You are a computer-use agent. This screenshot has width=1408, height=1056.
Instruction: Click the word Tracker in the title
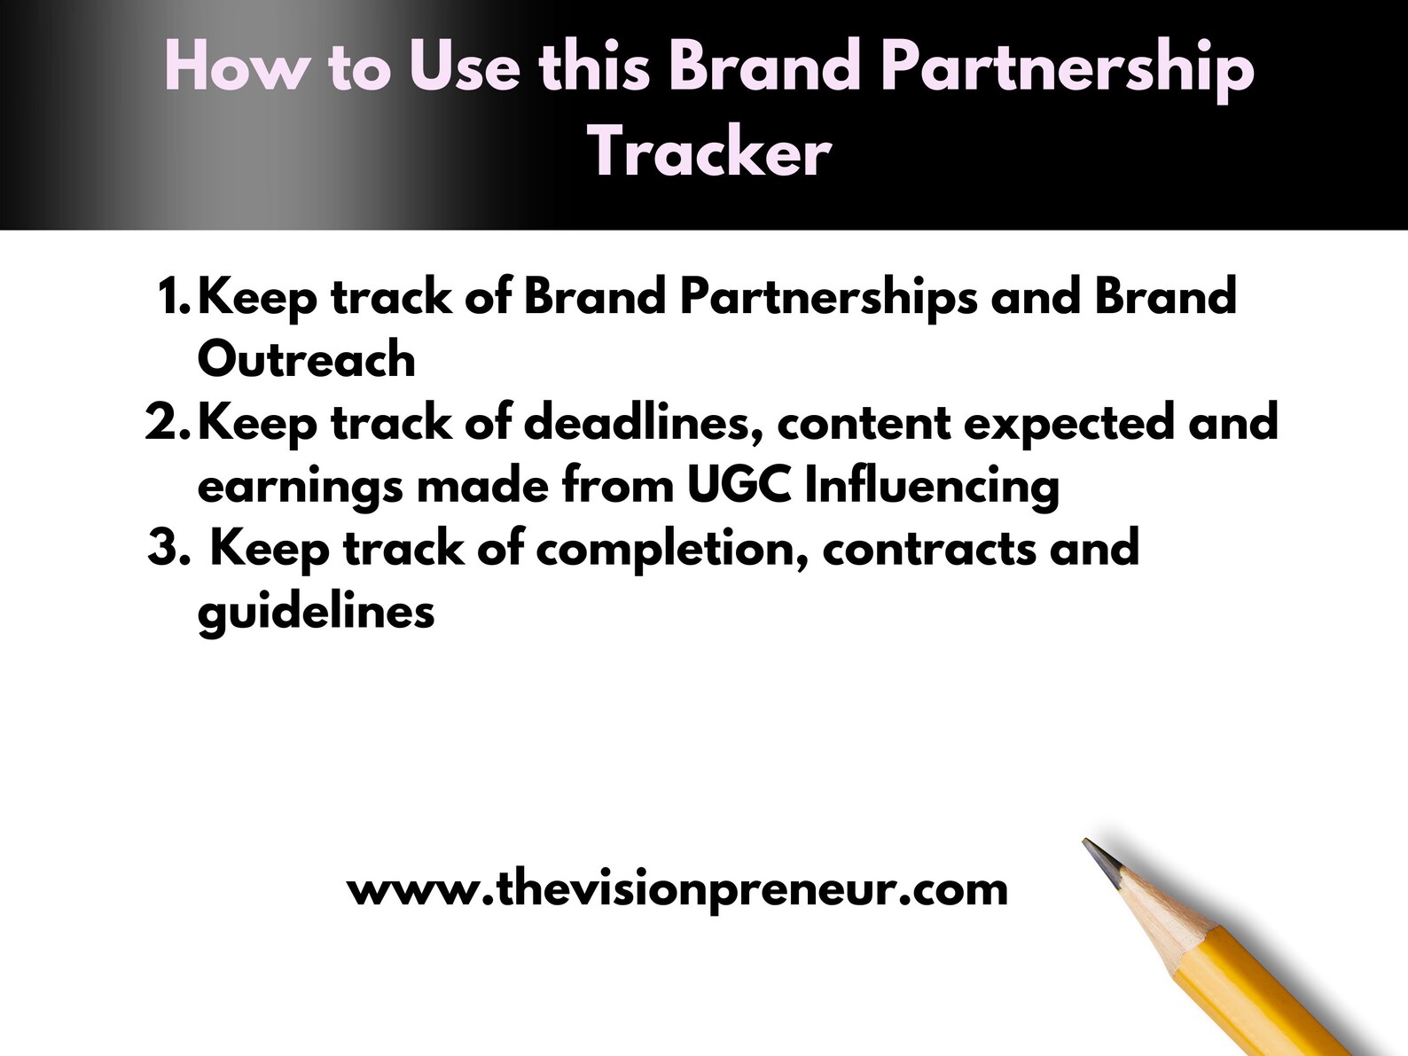click(x=709, y=153)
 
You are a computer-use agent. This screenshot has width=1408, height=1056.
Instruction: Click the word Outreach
click(x=306, y=359)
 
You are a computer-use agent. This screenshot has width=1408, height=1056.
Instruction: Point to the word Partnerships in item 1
click(x=828, y=296)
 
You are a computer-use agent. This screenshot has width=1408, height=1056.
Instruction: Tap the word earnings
click(x=300, y=487)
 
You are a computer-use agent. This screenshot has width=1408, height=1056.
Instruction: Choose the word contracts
click(x=929, y=549)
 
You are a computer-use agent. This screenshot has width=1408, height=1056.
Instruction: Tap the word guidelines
click(x=316, y=612)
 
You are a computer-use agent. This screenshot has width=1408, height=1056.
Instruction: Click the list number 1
click(x=172, y=296)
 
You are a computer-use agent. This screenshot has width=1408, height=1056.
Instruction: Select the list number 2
click(x=166, y=422)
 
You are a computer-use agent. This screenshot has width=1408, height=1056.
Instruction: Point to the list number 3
click(x=168, y=548)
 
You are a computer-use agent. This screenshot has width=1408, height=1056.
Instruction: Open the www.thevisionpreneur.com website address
click(x=677, y=888)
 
